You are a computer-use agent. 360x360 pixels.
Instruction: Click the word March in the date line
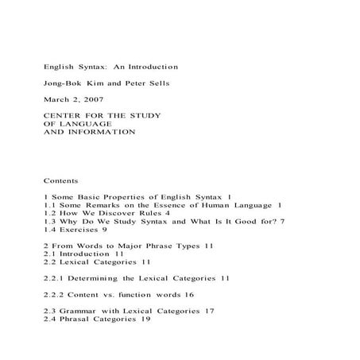point(56,99)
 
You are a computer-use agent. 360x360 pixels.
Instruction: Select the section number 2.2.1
point(54,280)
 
